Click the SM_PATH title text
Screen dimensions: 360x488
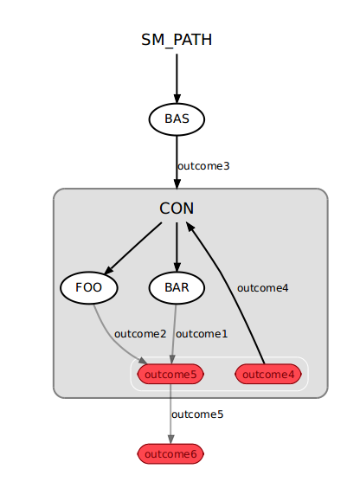pos(177,40)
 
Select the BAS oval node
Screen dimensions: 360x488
pos(177,119)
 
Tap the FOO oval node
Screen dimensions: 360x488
pos(89,287)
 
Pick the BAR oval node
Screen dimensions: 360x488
pos(177,287)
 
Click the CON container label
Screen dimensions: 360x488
pos(177,209)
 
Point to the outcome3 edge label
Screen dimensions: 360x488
pos(203,166)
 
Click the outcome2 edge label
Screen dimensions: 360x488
pos(140,334)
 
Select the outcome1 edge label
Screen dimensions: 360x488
pos(202,334)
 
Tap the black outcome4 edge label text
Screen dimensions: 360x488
pos(262,288)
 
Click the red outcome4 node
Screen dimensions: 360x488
pos(268,374)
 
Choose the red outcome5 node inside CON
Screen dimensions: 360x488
pos(170,374)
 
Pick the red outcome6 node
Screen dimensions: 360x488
pos(170,454)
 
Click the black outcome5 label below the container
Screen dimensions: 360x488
pos(197,414)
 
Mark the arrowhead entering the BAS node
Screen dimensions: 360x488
pos(177,98)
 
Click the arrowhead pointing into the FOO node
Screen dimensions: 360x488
pos(109,269)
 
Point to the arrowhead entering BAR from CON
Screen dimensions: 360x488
pos(177,266)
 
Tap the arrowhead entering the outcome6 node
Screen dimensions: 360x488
pos(170,439)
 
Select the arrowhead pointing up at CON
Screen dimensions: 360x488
pos(190,226)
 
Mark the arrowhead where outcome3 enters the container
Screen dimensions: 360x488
pos(177,183)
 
